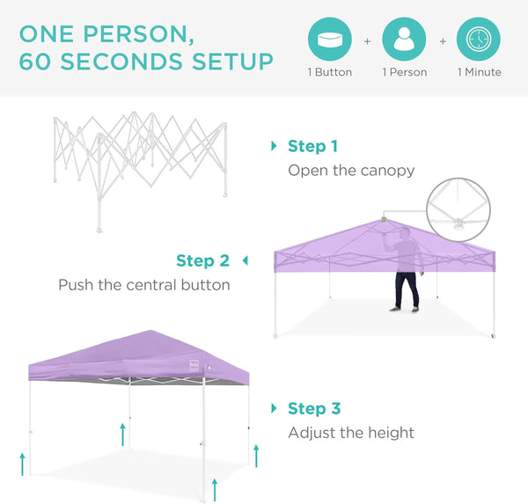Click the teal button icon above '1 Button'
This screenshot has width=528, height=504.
point(330,40)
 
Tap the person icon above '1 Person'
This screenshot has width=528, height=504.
point(404,40)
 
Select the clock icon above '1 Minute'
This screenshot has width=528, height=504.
point(479,40)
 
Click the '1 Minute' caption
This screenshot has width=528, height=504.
point(479,72)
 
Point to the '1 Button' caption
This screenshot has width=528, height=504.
point(330,72)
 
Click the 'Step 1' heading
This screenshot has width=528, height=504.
point(312,146)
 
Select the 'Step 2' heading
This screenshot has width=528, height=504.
point(202,260)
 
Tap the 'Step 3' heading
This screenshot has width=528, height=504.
point(314,408)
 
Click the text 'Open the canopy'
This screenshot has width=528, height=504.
point(351,170)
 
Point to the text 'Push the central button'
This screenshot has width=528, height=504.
point(144,285)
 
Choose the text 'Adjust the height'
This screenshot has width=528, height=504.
point(351,433)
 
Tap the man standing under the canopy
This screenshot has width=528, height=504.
point(406,268)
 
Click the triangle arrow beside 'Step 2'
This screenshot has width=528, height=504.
point(245,260)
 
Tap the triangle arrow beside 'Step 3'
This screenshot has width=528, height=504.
point(274,408)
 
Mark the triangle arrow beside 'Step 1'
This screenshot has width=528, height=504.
point(274,146)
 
